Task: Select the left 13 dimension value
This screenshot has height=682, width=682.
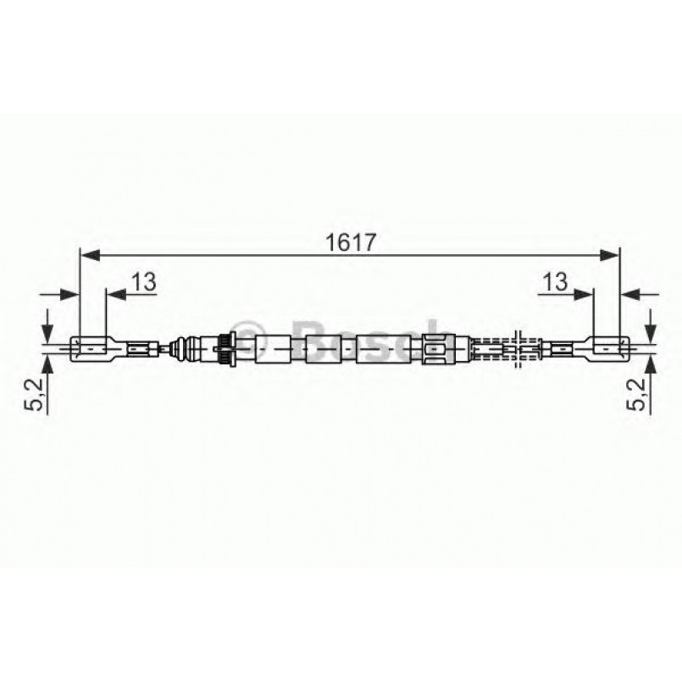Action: point(144,282)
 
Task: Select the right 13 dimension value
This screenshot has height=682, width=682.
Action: point(555,282)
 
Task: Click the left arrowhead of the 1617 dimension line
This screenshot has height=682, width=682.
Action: point(86,252)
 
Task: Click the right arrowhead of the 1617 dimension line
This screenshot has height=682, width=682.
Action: point(613,252)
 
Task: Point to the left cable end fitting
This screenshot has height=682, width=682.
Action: point(91,347)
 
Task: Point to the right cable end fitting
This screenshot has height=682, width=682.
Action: point(607,347)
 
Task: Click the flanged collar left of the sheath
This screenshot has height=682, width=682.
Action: point(225,347)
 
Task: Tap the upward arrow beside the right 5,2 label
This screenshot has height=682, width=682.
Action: point(652,366)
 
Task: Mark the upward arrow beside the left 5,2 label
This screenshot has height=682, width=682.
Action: point(47,366)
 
